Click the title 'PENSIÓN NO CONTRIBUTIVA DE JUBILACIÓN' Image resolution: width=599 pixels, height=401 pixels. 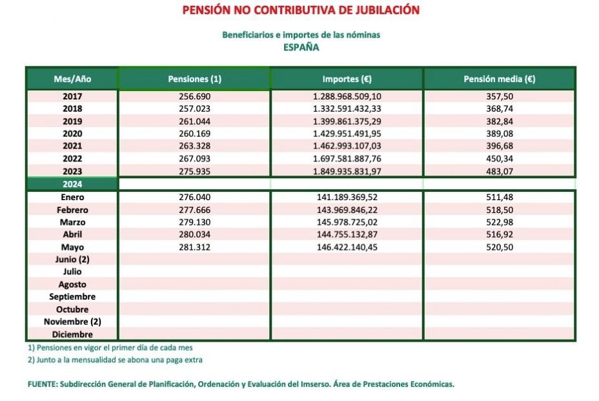click(301, 10)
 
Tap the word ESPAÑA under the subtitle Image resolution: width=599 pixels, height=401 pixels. click(301, 47)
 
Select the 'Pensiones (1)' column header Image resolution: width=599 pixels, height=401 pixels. click(194, 79)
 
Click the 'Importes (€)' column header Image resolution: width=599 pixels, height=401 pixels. click(347, 79)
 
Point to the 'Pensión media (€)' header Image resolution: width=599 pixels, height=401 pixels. click(500, 79)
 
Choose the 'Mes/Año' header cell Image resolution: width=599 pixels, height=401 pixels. click(72, 79)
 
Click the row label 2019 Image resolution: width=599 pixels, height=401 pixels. click(72, 121)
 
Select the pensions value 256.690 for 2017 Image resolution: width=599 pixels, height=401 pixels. click(194, 96)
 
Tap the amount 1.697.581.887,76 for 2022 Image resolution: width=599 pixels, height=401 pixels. click(347, 159)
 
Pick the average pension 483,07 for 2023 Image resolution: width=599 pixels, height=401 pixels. click(500, 171)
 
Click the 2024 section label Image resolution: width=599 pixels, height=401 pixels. click(72, 184)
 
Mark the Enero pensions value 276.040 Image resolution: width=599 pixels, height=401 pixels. click(194, 197)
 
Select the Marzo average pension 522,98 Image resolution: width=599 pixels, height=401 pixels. click(500, 222)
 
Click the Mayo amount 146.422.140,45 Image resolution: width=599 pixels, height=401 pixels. click(347, 247)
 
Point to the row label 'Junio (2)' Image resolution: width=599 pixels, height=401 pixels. click(72, 260)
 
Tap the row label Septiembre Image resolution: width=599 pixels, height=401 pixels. click(72, 297)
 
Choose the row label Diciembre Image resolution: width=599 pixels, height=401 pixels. click(72, 334)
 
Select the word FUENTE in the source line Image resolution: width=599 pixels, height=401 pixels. click(42, 384)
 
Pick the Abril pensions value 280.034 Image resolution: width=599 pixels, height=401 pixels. click(194, 234)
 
